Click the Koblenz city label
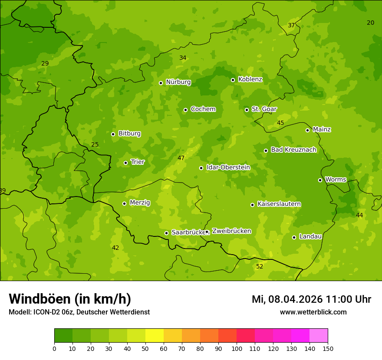[x=250, y=79]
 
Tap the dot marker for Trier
[x=126, y=163]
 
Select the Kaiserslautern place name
[x=279, y=204]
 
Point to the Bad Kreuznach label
[x=293, y=150]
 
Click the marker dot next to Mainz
[x=307, y=130]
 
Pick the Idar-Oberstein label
[x=228, y=167]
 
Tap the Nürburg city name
[x=178, y=82]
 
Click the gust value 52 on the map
[x=260, y=266]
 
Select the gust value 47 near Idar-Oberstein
[x=181, y=158]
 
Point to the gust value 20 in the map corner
[x=370, y=23]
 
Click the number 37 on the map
[x=291, y=25]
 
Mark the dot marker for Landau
[x=294, y=237]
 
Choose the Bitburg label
[x=129, y=134]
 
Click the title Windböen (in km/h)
[x=70, y=299]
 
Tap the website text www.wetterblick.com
[x=313, y=312]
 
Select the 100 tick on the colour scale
[x=237, y=348]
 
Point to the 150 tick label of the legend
[x=328, y=348]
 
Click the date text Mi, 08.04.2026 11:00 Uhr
[x=311, y=299]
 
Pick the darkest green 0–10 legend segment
[x=63, y=335]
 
